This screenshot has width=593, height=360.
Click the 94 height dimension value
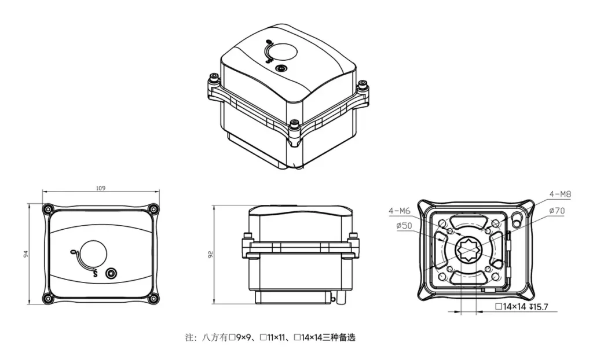pos(26,254)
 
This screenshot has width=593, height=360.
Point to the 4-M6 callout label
pos(400,211)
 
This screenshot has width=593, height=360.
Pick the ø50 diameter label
pos(404,226)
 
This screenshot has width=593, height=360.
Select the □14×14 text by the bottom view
pos(511,306)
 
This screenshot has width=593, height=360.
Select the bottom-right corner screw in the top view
pos(153,298)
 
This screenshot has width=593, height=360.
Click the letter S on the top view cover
pos(94,274)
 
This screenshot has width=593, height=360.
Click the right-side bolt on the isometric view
pos(363,87)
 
